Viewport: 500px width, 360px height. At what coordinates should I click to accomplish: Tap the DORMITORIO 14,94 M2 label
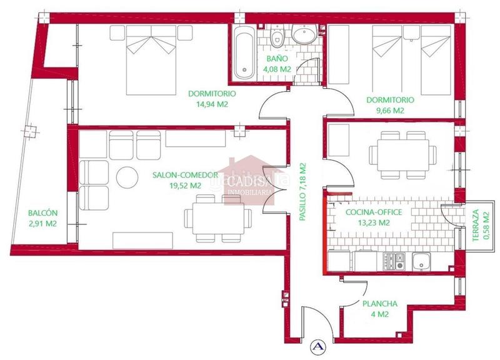click(212, 99)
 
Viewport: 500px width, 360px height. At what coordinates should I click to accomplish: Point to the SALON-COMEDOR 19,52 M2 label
click(177, 180)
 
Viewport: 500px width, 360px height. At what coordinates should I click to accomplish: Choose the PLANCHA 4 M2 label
click(379, 309)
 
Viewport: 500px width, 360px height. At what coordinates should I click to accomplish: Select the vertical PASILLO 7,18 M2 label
click(304, 192)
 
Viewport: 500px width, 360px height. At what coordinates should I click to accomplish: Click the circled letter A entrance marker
click(318, 345)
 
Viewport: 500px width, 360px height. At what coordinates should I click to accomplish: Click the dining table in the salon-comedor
click(219, 218)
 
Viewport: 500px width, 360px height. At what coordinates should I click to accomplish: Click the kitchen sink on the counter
click(423, 261)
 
